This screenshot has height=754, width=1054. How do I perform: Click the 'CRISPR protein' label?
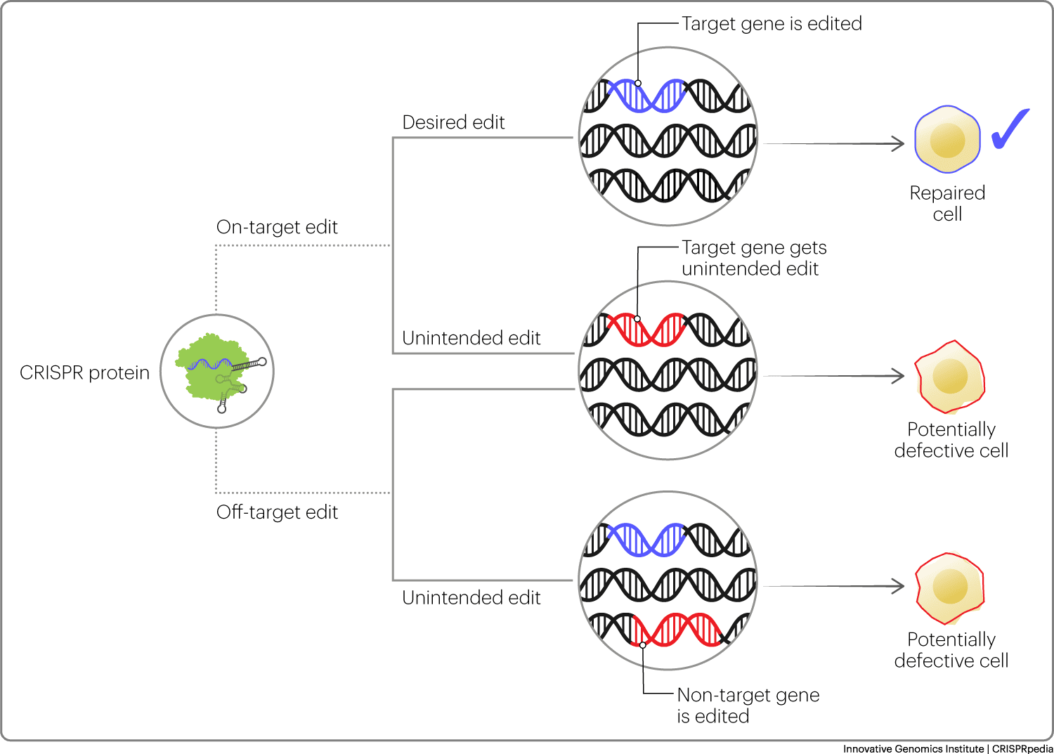pyautogui.click(x=84, y=372)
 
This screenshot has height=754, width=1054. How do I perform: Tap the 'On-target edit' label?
pyautogui.click(x=277, y=227)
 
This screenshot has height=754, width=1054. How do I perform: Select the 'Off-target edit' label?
pyautogui.click(x=277, y=512)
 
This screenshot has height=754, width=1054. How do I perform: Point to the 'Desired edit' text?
pyautogui.click(x=453, y=122)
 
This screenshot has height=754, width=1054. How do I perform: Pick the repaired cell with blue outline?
pyautogui.click(x=947, y=139)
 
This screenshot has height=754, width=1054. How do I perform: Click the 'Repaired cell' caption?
pyautogui.click(x=947, y=203)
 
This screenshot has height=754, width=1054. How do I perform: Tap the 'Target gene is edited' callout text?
pyautogui.click(x=772, y=24)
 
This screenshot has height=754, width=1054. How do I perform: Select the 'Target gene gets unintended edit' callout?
pyautogui.click(x=753, y=258)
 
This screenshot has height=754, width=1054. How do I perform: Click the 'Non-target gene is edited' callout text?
pyautogui.click(x=748, y=705)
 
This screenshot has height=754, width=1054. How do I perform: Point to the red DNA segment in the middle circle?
pyautogui.click(x=646, y=329)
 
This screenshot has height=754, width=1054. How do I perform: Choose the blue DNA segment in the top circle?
pyautogui.click(x=646, y=96)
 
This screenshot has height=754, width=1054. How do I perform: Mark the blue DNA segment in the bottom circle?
pyautogui.click(x=646, y=540)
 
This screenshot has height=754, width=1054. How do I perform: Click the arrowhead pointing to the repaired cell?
pyautogui.click(x=897, y=144)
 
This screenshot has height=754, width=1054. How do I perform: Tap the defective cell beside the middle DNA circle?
pyautogui.click(x=949, y=377)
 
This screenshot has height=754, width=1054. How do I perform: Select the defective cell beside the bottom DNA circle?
pyautogui.click(x=949, y=588)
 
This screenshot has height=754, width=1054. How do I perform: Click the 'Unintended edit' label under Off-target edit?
pyautogui.click(x=471, y=598)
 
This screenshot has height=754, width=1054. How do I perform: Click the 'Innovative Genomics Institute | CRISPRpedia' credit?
pyautogui.click(x=947, y=748)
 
